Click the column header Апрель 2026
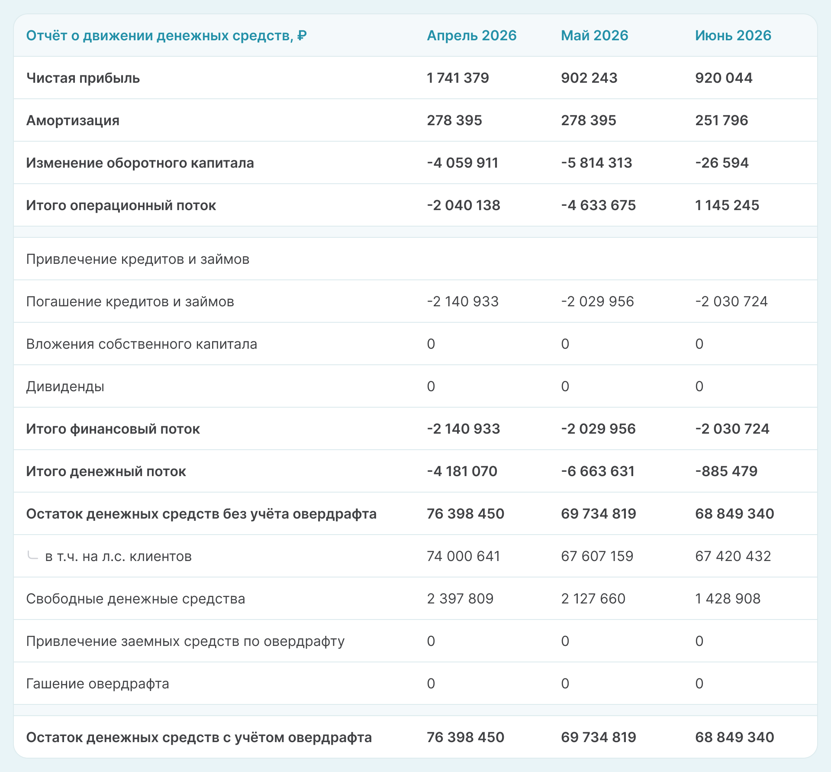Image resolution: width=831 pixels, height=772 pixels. [471, 36]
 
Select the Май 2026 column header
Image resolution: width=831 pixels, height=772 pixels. [594, 36]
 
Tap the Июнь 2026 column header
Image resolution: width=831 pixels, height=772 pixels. [733, 36]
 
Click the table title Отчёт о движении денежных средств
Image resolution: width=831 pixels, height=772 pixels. [166, 36]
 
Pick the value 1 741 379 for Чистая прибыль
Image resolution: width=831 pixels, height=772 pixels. [457, 78]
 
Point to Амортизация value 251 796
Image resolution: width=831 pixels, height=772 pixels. [721, 120]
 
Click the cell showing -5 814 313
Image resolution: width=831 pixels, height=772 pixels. [596, 163]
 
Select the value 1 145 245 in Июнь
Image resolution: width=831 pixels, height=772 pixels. [727, 205]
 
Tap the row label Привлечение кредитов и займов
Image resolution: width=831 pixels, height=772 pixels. [138, 259]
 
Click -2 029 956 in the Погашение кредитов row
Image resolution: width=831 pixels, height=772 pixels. [597, 302]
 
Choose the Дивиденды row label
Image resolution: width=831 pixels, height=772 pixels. [65, 386]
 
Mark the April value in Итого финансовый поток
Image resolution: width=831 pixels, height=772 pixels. [463, 429]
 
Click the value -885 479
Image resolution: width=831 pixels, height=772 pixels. [726, 471]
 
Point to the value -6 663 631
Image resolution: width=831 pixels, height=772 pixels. [597, 471]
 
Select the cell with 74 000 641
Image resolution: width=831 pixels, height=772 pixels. [463, 556]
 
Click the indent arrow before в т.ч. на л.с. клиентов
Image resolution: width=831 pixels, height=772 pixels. [32, 555]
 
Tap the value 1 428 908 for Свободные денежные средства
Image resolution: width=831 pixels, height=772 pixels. [728, 599]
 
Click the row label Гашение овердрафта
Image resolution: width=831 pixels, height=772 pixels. [97, 684]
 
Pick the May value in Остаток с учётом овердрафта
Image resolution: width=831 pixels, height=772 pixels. [598, 737]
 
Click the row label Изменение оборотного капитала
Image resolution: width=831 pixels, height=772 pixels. [140, 163]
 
